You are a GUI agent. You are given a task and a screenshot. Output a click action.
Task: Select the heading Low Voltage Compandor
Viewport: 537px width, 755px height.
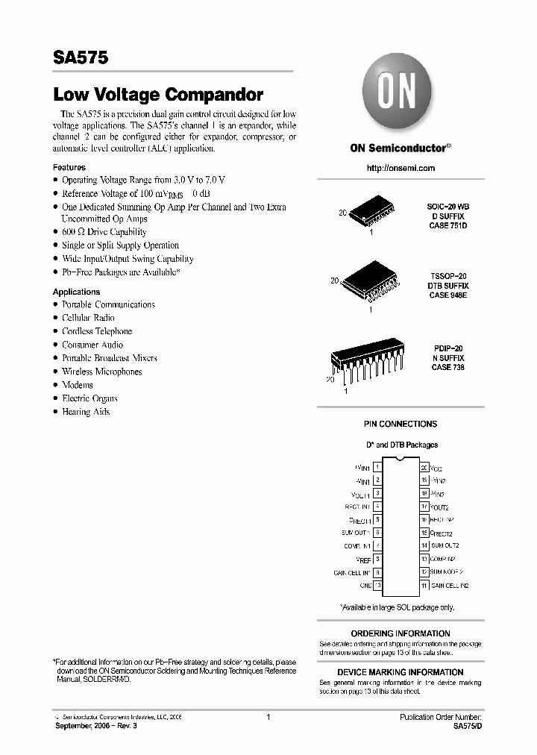[x=158, y=95]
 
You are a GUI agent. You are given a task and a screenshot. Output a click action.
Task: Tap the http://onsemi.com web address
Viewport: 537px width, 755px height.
[x=401, y=168]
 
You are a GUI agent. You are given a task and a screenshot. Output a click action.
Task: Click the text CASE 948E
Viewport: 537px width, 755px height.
[x=447, y=295]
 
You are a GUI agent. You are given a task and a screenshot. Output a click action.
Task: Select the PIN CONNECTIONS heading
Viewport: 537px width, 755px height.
[x=401, y=424]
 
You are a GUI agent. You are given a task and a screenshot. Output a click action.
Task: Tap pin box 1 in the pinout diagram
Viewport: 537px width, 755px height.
[x=378, y=467]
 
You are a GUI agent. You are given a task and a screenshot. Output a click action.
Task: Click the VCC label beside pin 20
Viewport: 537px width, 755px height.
[x=436, y=468]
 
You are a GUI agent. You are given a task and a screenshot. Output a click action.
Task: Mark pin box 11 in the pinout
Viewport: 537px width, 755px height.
[x=424, y=586]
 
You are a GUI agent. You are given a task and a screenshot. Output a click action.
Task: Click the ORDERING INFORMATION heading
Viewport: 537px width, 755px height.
[x=401, y=633]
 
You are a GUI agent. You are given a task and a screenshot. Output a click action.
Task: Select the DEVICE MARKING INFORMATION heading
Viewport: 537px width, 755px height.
[x=401, y=672]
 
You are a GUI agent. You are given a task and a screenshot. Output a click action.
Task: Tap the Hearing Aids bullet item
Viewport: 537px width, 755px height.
[x=86, y=412]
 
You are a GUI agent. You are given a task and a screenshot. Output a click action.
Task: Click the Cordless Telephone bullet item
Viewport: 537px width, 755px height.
[x=97, y=331]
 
